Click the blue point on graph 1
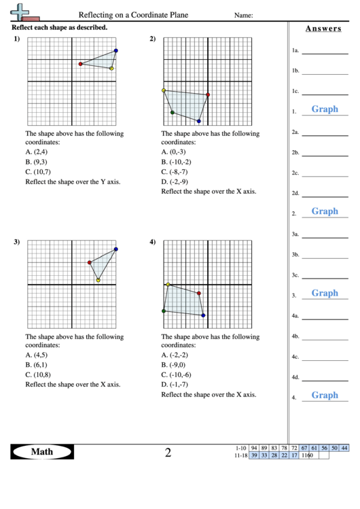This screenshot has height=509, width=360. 116,50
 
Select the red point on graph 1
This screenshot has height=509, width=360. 81,64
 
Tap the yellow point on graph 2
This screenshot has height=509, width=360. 164,90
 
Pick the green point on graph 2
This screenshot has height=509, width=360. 173,112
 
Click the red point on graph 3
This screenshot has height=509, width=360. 90,262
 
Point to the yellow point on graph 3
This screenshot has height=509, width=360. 98,280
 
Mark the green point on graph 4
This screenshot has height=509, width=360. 164,311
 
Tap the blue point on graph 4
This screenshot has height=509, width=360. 203,315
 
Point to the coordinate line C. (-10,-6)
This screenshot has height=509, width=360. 182,375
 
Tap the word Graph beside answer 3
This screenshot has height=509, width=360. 325,293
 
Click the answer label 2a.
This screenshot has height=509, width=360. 295,133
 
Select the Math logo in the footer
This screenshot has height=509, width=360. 42,452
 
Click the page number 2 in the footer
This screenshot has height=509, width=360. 168,452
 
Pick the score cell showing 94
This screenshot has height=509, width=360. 253,448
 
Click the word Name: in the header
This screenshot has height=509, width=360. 244,15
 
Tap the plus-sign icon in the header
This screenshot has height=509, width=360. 22,11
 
